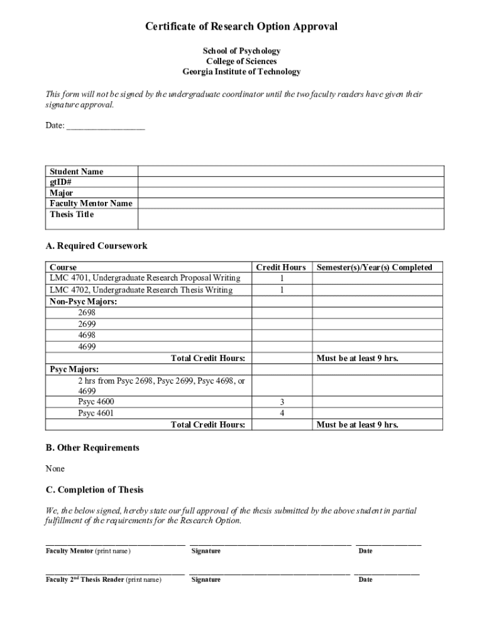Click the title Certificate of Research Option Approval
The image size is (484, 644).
point(241,26)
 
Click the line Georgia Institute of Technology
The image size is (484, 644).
point(241,72)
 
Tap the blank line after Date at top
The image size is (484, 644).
point(106,126)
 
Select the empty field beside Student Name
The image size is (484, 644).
point(290,172)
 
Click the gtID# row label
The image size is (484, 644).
point(61,182)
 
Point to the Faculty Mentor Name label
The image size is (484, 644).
point(91,204)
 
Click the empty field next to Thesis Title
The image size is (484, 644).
point(290,218)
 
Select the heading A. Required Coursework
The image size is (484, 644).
point(96,246)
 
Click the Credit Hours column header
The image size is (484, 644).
point(281,267)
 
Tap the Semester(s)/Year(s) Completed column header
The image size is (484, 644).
point(374,267)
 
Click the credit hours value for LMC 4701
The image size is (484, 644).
point(282,279)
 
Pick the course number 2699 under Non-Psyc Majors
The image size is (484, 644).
point(87,324)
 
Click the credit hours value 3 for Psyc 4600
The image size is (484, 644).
point(282,402)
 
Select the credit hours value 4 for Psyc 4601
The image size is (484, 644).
point(282,413)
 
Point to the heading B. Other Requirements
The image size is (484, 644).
point(92,448)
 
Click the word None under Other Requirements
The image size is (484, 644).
point(55,469)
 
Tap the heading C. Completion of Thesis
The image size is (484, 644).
point(94,490)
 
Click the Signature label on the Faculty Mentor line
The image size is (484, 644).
point(206,552)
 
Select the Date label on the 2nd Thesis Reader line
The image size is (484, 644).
point(365,580)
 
